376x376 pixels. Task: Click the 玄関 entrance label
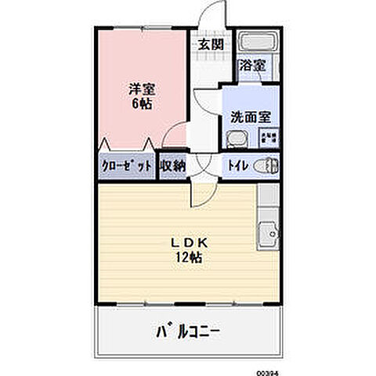[210, 45]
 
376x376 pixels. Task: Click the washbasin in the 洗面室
[235, 139]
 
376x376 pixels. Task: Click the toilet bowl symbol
[268, 165]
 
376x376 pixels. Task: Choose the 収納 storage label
[172, 165]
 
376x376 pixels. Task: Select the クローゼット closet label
[126, 165]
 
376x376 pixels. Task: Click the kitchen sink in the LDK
[268, 233]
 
